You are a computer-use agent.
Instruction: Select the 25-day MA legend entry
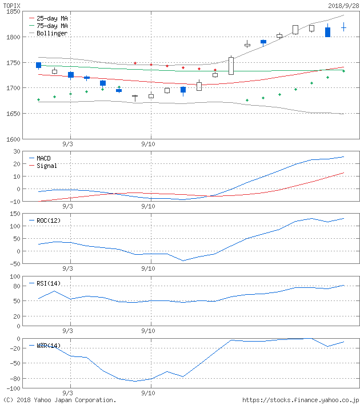point(52,18)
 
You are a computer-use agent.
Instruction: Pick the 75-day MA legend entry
point(52,26)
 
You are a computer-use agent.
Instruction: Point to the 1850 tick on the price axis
point(14,12)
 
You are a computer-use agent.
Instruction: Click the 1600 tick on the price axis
point(14,139)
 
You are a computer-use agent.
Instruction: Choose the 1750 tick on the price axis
point(14,63)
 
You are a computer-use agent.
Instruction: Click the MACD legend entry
point(43,158)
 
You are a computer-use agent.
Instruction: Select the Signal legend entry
point(46,166)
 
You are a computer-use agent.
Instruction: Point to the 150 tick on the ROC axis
point(15,214)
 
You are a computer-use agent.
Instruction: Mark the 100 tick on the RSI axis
point(15,276)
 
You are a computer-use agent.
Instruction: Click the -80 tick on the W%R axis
point(15,378)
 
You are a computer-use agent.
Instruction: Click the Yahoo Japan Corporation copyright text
point(59,400)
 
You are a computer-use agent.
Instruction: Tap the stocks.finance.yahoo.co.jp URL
point(301,400)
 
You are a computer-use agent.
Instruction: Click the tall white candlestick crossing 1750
point(231,66)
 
